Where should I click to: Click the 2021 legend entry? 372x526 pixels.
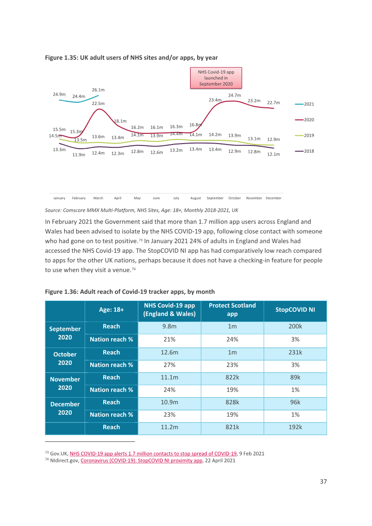pyautogui.click(x=305, y=104)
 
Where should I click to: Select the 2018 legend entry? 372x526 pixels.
pyautogui.click(x=305, y=151)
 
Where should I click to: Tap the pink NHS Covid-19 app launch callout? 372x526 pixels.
pyautogui.click(x=216, y=78)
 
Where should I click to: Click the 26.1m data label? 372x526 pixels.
pyautogui.click(x=98, y=90)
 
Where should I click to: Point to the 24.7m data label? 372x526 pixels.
pyautogui.click(x=234, y=95)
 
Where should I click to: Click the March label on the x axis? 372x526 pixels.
pyautogui.click(x=98, y=198)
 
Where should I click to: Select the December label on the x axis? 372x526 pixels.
pyautogui.click(x=273, y=198)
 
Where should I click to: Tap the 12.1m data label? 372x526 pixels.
pyautogui.click(x=273, y=154)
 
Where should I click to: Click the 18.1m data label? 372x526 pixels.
pyautogui.click(x=120, y=121)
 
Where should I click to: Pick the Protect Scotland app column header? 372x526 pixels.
pyautogui.click(x=232, y=309)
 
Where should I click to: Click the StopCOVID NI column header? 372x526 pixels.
pyautogui.click(x=295, y=309)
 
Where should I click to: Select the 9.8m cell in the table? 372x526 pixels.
pyautogui.click(x=169, y=326)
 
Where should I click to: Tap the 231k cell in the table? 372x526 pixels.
pyautogui.click(x=295, y=353)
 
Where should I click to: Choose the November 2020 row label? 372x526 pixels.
pyautogui.click(x=65, y=383)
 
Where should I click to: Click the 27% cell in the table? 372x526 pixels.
pyautogui.click(x=169, y=365)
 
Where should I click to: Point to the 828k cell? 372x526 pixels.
pyautogui.click(x=232, y=402)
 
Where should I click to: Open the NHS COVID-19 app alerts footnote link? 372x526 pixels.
pyautogui.click(x=153, y=454)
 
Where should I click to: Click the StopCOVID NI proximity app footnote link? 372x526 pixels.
pyautogui.click(x=141, y=460)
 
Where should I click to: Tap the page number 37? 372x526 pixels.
pyautogui.click(x=323, y=482)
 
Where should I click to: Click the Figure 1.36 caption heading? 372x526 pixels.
pyautogui.click(x=130, y=292)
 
